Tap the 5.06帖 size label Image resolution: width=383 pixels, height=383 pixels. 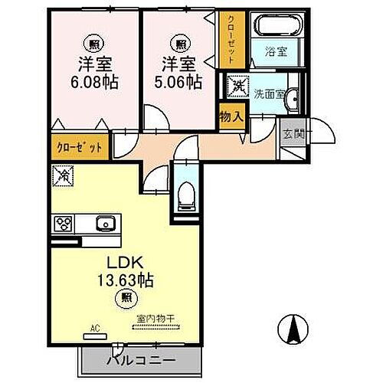tap(177, 82)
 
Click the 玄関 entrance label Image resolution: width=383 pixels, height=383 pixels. tap(293, 135)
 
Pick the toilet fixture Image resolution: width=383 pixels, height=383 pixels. tap(185, 198)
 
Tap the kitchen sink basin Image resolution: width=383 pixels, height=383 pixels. tap(104, 224)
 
